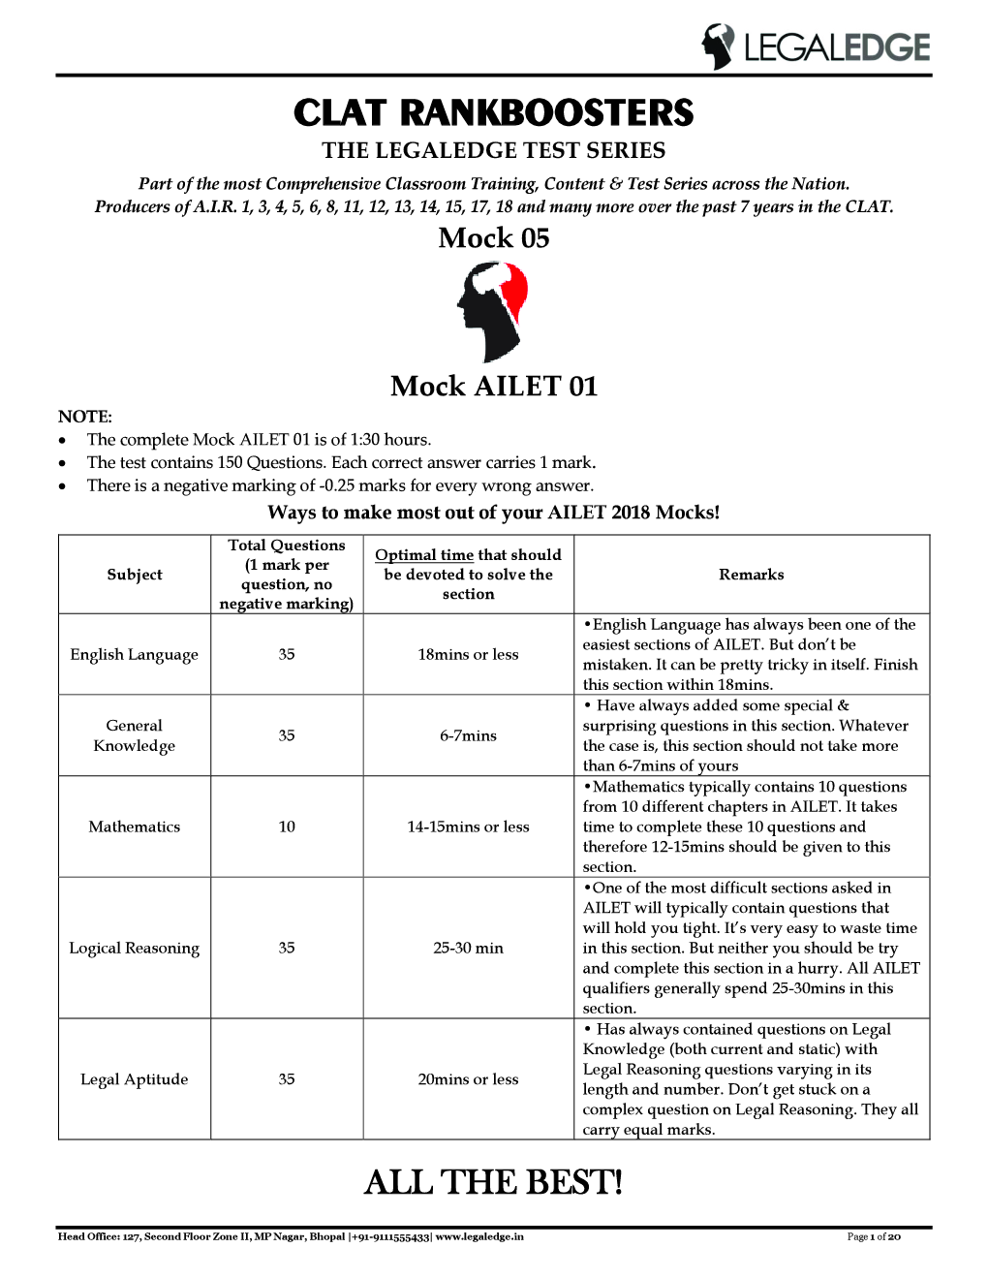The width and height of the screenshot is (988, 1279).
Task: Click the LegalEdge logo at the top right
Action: point(816,47)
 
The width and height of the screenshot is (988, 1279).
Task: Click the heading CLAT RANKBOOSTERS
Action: point(493,113)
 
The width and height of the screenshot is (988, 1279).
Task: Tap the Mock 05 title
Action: point(493,238)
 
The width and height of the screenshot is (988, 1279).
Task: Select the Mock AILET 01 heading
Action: point(493,387)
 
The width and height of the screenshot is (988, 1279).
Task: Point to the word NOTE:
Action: point(85,417)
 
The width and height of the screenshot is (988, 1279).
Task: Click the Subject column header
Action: point(135,575)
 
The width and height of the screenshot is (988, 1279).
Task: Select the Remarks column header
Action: point(751,575)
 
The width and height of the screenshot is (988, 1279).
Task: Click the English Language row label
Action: point(135,655)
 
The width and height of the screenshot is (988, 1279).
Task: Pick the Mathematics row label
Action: point(135,827)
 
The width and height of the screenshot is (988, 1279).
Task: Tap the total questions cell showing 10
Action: point(287,827)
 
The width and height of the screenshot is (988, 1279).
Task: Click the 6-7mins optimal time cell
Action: point(468,735)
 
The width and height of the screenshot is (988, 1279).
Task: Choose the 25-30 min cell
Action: point(468,948)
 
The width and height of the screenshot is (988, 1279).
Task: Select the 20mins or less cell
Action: point(468,1079)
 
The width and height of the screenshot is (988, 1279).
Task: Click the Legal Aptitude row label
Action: point(135,1079)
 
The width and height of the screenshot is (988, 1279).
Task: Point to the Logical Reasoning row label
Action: point(135,948)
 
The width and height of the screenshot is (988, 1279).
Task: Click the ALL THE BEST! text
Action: point(493,1182)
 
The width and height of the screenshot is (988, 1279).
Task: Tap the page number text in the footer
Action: point(874,1236)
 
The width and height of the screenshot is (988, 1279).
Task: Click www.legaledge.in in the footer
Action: point(479,1236)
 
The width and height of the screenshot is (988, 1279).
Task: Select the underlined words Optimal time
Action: point(424,555)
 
